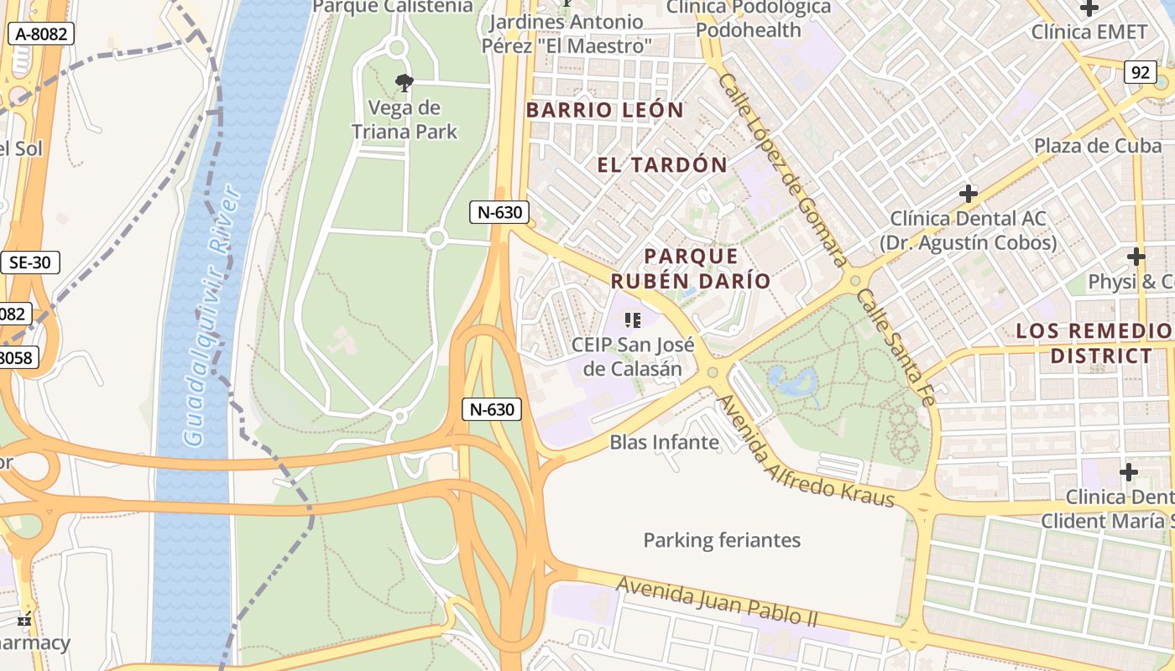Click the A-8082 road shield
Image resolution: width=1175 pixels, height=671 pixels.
point(41,34)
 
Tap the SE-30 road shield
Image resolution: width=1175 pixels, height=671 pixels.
point(29,263)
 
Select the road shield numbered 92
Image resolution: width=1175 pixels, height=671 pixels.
point(1140,72)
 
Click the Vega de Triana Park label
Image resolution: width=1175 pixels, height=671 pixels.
point(405,120)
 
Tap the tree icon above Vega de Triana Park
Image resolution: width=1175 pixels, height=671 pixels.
point(404,82)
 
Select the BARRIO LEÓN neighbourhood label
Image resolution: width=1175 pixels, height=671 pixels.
point(605,110)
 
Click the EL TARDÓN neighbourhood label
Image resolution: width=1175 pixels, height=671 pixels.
point(662,165)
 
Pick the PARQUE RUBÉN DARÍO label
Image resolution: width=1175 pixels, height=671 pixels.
point(691,268)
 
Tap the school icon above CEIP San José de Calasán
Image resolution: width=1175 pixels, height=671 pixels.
point(633,320)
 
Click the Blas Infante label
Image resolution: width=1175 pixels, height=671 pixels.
point(664,442)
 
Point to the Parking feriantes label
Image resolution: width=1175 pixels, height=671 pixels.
point(722,540)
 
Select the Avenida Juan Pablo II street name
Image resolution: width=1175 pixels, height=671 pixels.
point(717,601)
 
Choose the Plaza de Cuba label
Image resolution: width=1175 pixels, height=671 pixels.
point(1098,145)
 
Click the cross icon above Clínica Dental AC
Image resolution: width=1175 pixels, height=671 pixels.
point(969,194)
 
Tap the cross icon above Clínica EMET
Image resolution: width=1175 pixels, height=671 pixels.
point(1089,8)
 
